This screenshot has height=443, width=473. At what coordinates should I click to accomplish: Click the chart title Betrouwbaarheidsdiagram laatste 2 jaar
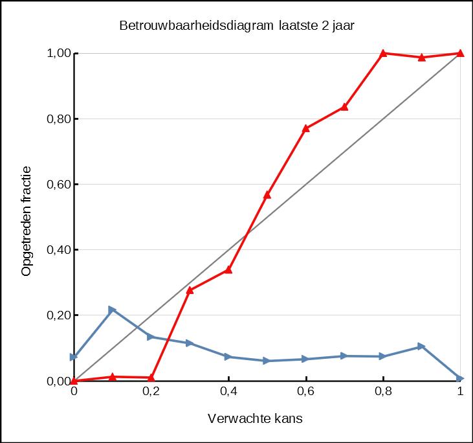(x=237, y=26)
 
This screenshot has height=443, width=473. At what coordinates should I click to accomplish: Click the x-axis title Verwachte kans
(x=255, y=418)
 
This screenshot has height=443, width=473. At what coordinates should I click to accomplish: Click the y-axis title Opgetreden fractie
(x=27, y=221)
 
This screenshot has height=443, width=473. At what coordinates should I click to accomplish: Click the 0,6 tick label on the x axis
(x=305, y=392)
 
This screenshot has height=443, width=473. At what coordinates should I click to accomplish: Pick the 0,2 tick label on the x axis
(x=151, y=392)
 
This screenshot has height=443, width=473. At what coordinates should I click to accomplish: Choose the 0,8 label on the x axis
(x=383, y=392)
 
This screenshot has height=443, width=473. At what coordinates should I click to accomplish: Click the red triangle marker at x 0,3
(x=190, y=290)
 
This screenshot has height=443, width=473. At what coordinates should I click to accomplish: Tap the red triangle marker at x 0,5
(x=267, y=194)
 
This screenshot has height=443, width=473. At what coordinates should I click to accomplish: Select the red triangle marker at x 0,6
(x=305, y=128)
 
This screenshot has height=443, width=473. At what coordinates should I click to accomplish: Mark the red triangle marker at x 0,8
(x=383, y=53)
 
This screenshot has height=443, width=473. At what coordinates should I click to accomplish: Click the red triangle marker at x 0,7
(x=344, y=106)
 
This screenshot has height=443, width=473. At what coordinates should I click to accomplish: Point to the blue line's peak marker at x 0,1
(x=112, y=310)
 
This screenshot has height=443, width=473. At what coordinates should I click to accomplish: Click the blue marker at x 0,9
(x=421, y=346)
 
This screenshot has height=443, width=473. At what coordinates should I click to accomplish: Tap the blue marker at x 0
(x=74, y=357)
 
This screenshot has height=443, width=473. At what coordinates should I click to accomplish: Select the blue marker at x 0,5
(x=267, y=361)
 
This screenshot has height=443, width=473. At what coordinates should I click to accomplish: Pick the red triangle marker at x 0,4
(x=228, y=269)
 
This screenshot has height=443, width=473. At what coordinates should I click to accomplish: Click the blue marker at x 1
(x=460, y=378)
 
